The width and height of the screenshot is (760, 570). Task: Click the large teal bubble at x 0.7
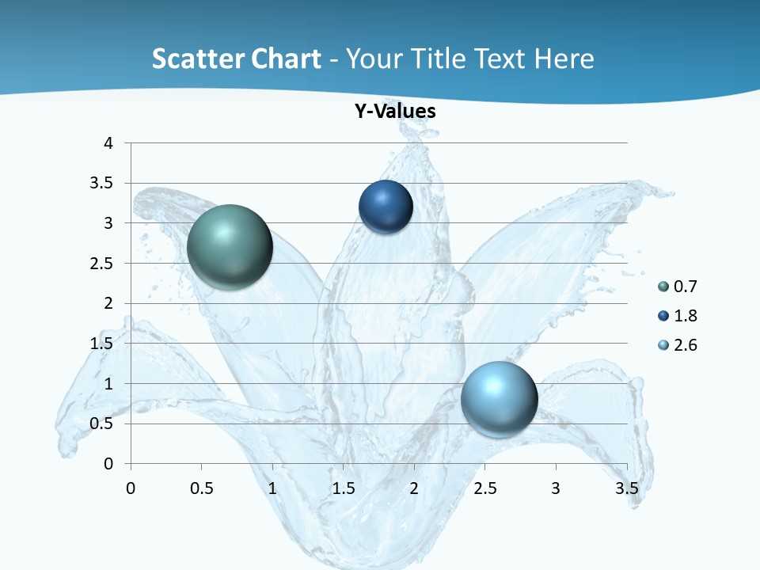click(x=230, y=247)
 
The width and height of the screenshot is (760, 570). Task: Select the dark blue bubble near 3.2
click(x=386, y=207)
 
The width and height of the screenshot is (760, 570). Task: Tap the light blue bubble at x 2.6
click(x=499, y=399)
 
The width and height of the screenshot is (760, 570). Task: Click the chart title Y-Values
click(x=394, y=112)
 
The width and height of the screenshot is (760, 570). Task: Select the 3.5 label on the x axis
click(x=626, y=488)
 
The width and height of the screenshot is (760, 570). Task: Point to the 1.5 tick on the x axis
click(x=344, y=488)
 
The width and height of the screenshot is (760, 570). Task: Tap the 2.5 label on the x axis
click(x=484, y=488)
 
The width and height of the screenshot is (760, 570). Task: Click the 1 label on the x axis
click(x=272, y=488)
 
